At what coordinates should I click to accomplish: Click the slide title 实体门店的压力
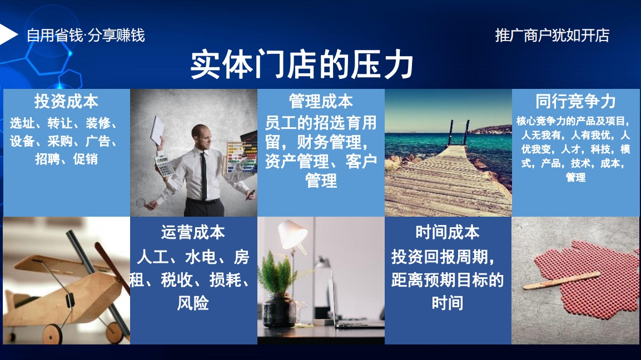(302, 64)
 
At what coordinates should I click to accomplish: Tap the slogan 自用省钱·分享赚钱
(86, 36)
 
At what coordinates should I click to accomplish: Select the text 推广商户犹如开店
(552, 36)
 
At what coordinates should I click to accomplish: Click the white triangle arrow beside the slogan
(8, 34)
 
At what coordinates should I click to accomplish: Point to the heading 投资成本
(66, 101)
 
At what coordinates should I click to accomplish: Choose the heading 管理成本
(321, 101)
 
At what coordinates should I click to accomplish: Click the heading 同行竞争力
(575, 101)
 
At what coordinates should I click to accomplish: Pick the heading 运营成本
(193, 232)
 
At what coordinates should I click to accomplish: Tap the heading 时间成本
(448, 232)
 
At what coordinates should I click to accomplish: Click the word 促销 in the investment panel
(86, 159)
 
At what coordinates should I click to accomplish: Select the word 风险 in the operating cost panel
(193, 303)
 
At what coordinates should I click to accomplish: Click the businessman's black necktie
(203, 176)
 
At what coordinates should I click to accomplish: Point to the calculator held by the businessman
(165, 166)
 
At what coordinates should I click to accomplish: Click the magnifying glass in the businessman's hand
(141, 202)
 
